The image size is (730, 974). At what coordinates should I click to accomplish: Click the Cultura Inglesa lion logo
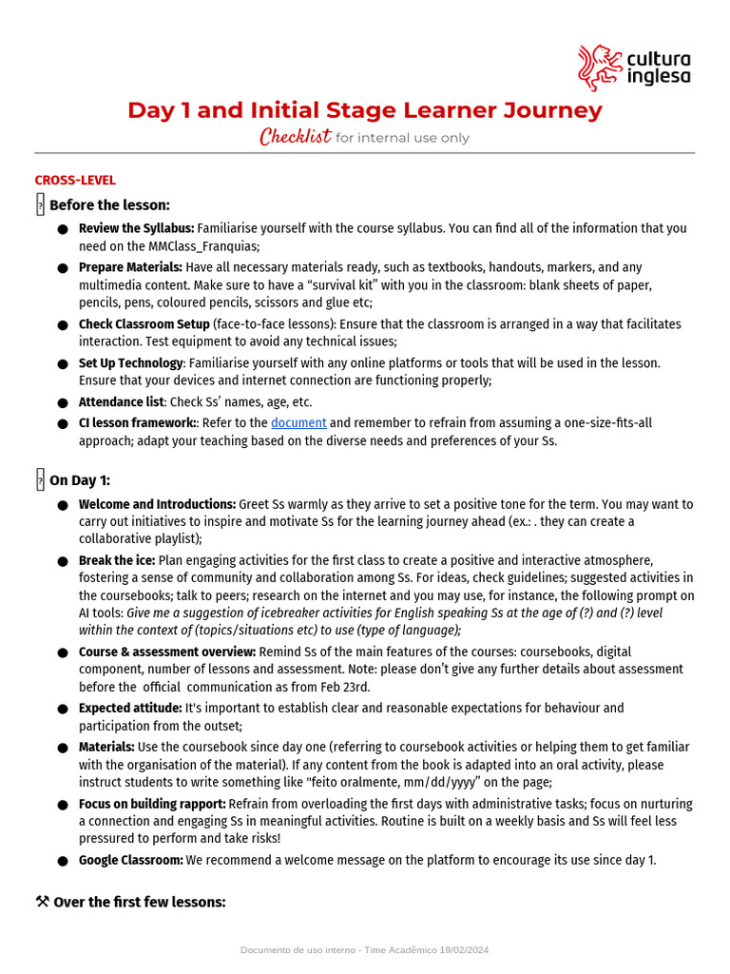point(600,68)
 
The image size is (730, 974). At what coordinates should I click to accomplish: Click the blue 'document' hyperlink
point(298,423)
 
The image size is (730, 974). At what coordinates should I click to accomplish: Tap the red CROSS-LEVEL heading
point(75,180)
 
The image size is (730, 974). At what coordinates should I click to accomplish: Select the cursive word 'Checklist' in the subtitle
point(296,137)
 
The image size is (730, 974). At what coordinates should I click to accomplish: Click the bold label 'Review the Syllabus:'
point(136,228)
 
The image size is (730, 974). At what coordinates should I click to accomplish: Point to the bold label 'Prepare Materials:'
point(130,267)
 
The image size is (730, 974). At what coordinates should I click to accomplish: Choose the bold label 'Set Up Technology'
point(130,363)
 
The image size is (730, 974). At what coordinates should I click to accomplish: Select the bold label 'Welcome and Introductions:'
point(157,504)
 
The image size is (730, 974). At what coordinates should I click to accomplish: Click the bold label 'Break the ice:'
point(117,561)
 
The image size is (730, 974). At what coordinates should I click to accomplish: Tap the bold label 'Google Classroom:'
point(130,860)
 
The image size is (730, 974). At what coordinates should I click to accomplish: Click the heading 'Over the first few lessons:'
point(140,902)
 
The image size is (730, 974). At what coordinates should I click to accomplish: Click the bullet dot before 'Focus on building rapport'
point(62,805)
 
